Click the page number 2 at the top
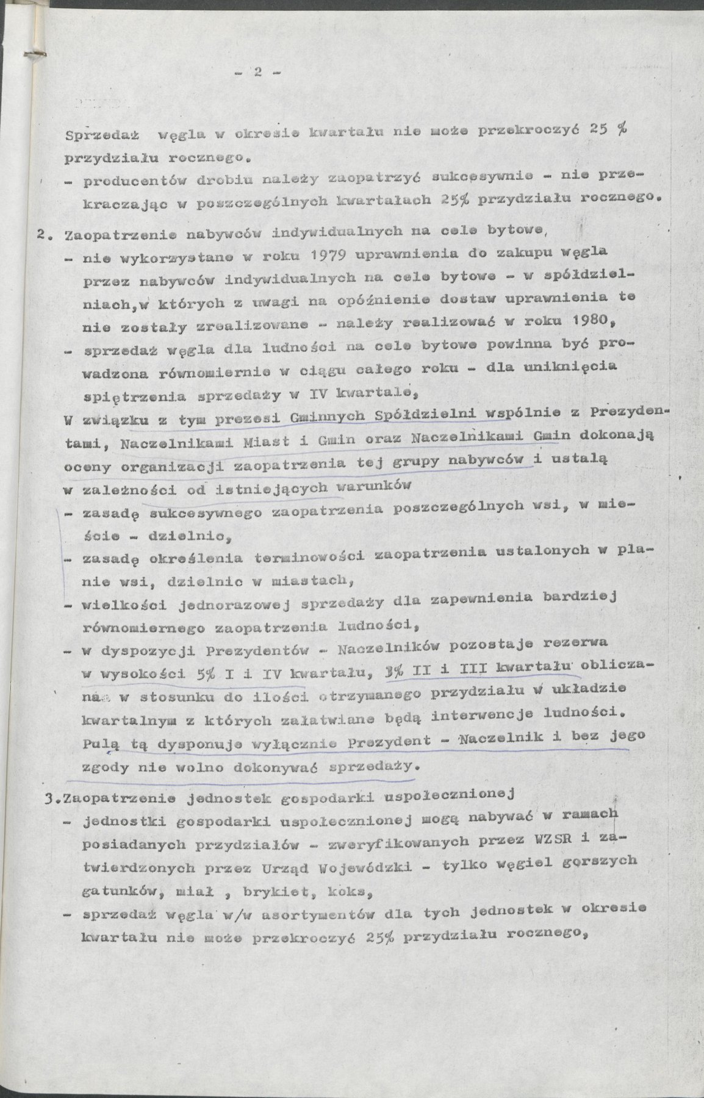[x=257, y=73]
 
